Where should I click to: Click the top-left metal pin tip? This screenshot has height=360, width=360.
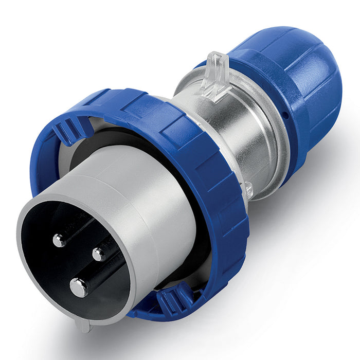tap(59, 240)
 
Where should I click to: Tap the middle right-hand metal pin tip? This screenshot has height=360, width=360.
tap(99, 254)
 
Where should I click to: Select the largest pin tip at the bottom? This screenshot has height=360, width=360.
tap(79, 287)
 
